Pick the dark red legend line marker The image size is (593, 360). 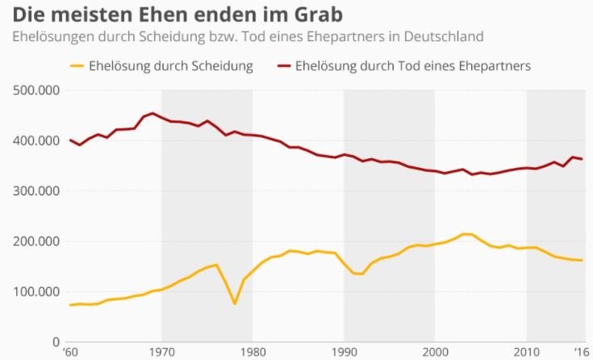(x=284, y=65)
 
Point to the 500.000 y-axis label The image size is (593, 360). (x=37, y=90)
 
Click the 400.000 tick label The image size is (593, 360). (x=37, y=141)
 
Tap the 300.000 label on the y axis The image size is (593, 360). (x=37, y=191)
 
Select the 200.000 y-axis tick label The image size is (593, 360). (x=37, y=241)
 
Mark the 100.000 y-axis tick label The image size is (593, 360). (x=37, y=291)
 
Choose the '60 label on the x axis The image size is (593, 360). (x=71, y=352)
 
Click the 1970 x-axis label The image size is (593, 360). (x=161, y=352)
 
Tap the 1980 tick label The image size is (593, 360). (x=253, y=352)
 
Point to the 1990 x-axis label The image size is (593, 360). (x=344, y=352)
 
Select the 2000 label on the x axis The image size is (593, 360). (x=436, y=352)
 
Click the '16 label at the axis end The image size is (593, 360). (x=580, y=352)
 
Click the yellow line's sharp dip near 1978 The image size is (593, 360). (x=235, y=303)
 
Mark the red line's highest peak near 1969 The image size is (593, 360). (x=152, y=114)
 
